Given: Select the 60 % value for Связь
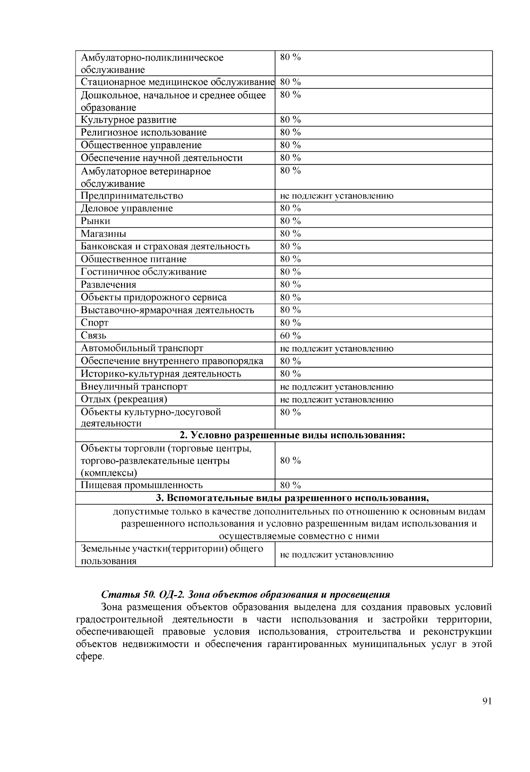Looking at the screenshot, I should [x=290, y=336].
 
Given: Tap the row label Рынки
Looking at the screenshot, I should [x=95, y=221].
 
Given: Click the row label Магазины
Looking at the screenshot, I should [x=103, y=234].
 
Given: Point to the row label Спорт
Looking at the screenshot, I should [x=95, y=323].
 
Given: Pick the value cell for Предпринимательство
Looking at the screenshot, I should [x=337, y=196].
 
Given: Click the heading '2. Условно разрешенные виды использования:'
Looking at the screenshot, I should [x=292, y=435].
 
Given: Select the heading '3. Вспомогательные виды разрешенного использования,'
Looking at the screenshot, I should [x=292, y=498].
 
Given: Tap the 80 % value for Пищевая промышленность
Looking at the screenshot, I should [x=290, y=485].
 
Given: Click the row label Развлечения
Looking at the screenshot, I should [x=108, y=284].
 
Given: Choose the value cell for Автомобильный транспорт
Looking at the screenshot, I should [x=337, y=348].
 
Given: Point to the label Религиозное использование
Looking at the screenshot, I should [x=144, y=132].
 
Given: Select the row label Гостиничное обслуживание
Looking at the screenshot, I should [x=144, y=272].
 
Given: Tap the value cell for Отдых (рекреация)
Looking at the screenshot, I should [x=337, y=400].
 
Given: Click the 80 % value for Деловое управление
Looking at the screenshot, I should [x=290, y=208].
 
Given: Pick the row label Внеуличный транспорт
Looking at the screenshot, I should [x=134, y=387].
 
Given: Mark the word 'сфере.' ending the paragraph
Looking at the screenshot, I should [x=90, y=656].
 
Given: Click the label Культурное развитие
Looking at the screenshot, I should [x=129, y=120].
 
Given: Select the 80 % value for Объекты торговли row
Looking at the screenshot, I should [x=290, y=461].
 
